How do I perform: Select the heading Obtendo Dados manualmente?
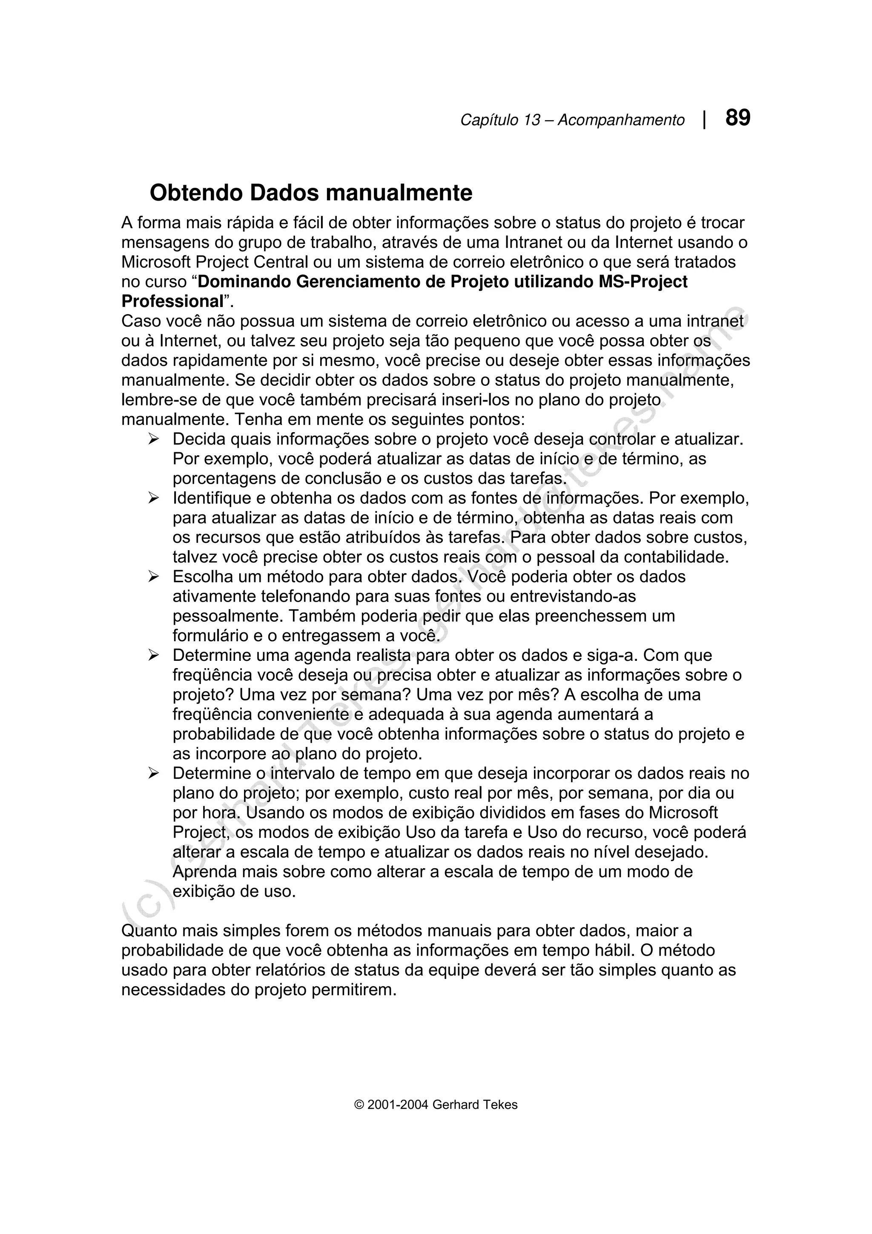310,193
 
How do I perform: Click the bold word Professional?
172,301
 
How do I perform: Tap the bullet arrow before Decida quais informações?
154,439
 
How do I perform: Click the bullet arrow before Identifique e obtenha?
154,499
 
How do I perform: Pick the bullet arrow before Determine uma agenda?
154,656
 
